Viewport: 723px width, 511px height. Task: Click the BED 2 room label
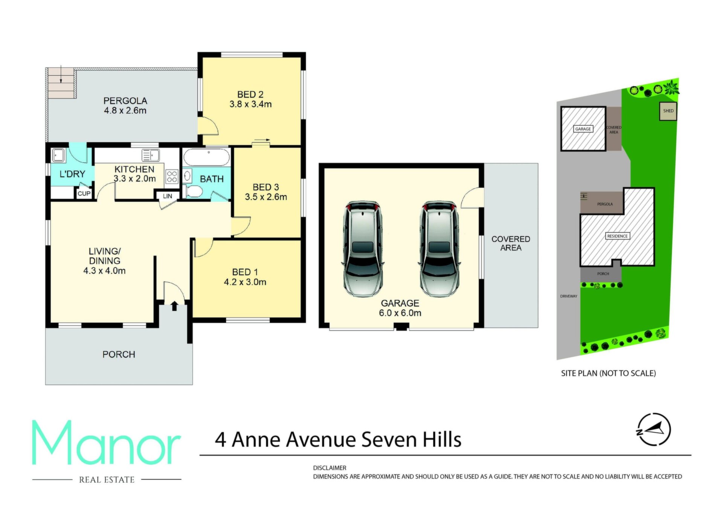250,95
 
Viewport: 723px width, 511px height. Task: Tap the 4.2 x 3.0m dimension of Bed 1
245,282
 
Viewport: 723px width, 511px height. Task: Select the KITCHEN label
134,169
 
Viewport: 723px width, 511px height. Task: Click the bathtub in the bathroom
206,158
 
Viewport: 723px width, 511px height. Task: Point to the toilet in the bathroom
194,191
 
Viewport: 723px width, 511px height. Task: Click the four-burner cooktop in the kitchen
172,177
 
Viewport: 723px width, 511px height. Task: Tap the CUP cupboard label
84,194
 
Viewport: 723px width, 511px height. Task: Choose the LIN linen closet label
168,196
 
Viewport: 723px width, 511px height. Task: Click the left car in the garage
363,249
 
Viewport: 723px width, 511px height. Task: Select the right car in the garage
439,249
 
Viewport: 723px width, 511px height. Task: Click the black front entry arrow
174,306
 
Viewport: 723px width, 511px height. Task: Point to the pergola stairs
61,82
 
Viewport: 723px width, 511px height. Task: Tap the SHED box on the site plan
668,111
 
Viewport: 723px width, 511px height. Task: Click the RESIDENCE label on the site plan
618,236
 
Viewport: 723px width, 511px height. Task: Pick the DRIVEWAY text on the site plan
569,296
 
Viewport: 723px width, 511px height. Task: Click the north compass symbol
654,429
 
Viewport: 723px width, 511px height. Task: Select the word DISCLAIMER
329,468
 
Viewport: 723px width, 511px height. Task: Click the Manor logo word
106,443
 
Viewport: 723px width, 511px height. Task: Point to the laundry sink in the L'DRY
58,155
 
